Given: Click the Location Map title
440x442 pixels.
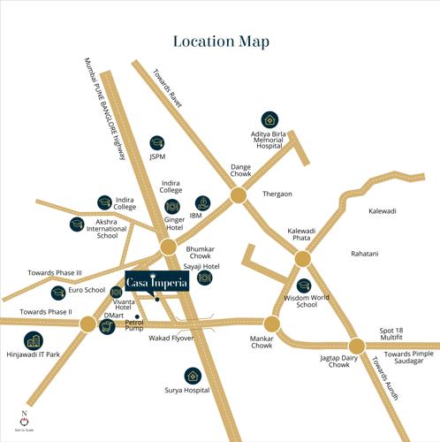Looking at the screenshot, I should point(220,42).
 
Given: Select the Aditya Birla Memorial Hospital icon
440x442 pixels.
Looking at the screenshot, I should point(268,119).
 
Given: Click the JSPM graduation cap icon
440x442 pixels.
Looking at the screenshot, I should point(156,141).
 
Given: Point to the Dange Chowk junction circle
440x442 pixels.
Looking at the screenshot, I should point(239,194).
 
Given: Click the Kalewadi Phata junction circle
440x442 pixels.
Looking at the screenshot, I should point(302,259).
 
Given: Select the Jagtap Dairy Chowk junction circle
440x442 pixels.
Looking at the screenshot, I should point(356,346).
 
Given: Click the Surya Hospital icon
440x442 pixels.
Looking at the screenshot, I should point(191,375).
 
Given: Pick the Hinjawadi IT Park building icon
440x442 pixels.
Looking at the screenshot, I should point(33,341).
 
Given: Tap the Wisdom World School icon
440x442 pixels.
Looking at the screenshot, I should point(304,286).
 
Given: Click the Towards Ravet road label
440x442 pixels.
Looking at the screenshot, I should point(169,89).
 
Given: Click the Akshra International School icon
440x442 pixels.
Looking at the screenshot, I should point(77,223).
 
